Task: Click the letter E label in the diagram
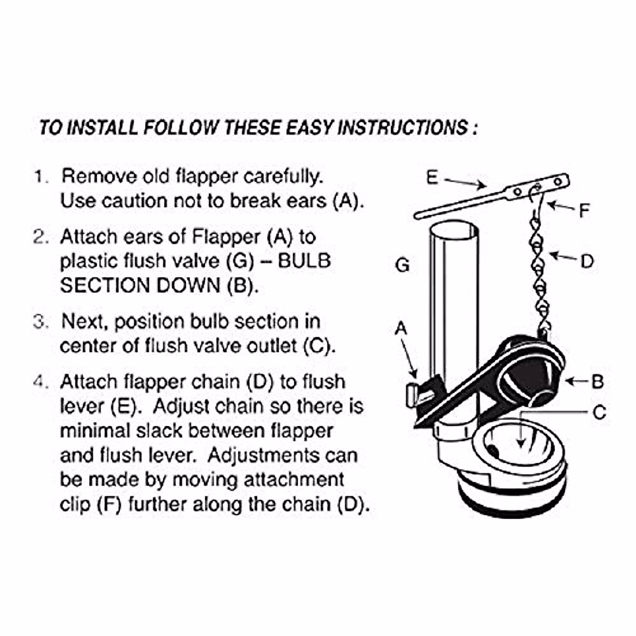pos(432,178)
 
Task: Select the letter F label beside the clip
pos(584,211)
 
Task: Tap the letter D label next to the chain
pos(587,261)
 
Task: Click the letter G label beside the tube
pos(403,264)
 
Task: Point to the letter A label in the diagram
pos(401,329)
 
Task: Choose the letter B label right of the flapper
pos(597,382)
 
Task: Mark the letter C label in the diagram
pos(599,412)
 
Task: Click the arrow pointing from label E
pos(465,183)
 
